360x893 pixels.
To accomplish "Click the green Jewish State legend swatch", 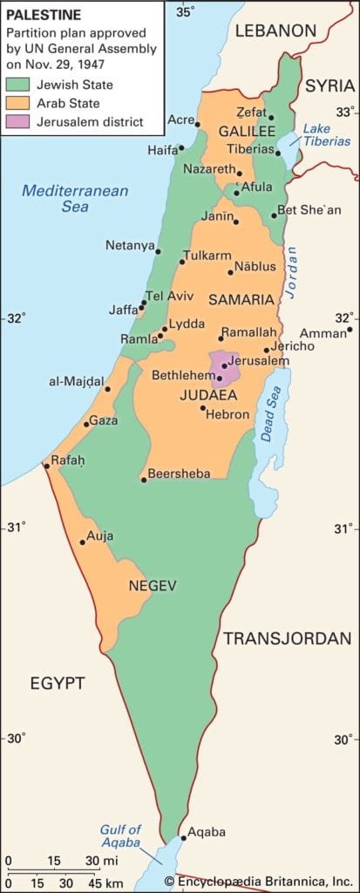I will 19,85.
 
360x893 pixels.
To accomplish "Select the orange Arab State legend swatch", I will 19,104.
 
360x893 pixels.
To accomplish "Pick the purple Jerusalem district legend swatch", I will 19,122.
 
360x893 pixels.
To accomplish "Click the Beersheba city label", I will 179,474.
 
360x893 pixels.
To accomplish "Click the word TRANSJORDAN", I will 287,638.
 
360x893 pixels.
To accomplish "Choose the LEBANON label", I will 275,31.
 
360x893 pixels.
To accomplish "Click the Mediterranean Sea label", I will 75,199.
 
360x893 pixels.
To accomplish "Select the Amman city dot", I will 349,330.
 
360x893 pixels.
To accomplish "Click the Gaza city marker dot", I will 86,424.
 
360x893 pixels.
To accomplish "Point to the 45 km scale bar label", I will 86,882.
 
